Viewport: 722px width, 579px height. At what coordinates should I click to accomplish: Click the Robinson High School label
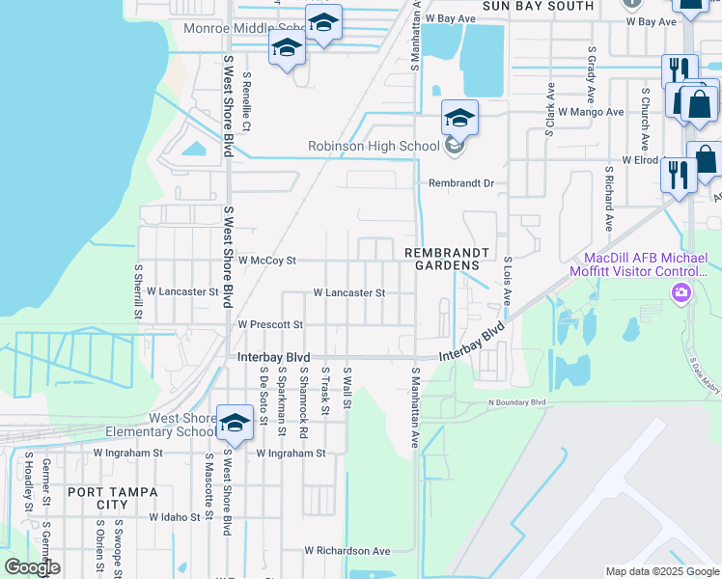(x=373, y=147)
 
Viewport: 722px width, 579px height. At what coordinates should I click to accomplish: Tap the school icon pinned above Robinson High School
(x=459, y=119)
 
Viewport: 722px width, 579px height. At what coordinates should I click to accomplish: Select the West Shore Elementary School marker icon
(x=234, y=423)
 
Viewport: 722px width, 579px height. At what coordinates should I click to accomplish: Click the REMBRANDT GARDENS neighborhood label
(x=442, y=259)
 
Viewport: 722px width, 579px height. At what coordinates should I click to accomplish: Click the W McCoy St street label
(x=266, y=261)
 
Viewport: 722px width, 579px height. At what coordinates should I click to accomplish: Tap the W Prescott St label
(x=270, y=325)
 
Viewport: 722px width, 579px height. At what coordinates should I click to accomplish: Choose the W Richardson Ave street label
(x=347, y=551)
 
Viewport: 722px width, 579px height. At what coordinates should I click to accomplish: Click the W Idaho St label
(x=180, y=517)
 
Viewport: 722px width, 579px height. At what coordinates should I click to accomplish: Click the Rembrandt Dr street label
(x=461, y=182)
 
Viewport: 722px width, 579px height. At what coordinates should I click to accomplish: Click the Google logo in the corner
(x=32, y=567)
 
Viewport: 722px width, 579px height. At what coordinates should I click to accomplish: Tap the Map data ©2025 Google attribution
(x=662, y=571)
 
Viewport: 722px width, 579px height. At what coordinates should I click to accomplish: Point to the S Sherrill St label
(x=138, y=292)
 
